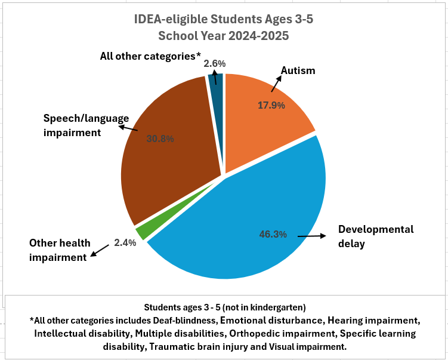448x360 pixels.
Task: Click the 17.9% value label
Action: (x=271, y=105)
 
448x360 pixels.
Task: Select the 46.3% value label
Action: (x=273, y=234)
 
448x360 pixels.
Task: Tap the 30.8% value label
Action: (x=160, y=139)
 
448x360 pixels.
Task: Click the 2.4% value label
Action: (x=125, y=243)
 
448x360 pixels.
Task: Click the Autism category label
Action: (x=298, y=70)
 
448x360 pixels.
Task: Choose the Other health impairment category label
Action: (x=60, y=250)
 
